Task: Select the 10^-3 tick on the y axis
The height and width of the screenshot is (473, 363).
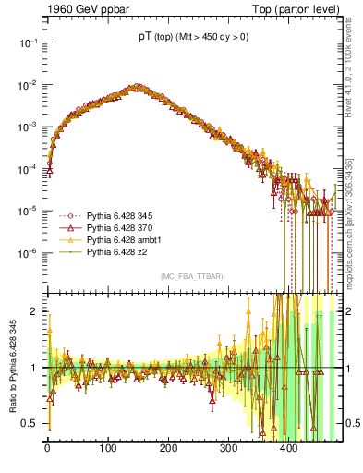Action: pos(28,127)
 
